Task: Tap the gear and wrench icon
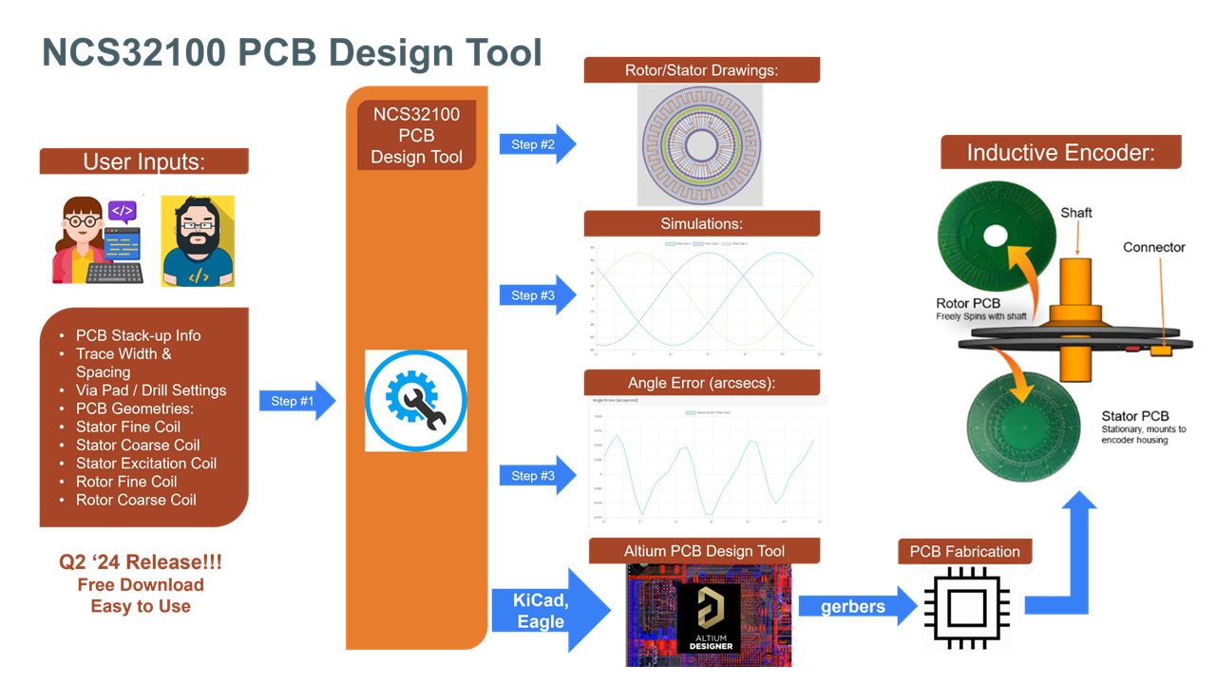coord(416,400)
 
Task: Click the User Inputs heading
coord(143,161)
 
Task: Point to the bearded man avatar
coord(198,241)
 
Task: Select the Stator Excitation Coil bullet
coord(145,463)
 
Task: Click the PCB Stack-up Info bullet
coord(138,335)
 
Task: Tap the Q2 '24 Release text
coord(141,562)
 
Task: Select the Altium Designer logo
coord(709,617)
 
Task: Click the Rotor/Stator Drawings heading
coord(701,70)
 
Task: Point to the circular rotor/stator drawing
coord(700,144)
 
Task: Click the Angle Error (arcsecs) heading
coord(701,383)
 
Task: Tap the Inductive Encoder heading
coord(1060,153)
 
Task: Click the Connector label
coord(1153,247)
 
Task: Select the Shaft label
coord(1075,213)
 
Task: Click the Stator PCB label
coord(1134,416)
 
